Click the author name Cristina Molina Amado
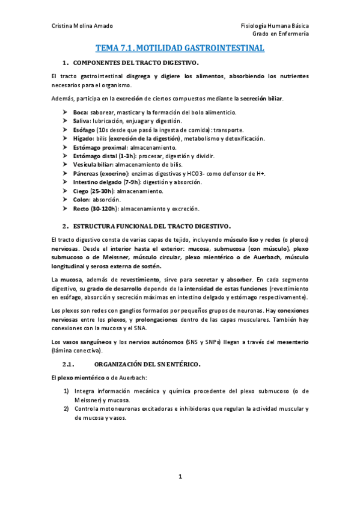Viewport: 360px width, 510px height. click(x=81, y=26)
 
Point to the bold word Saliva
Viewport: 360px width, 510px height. click(x=82, y=121)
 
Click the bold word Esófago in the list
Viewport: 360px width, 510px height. click(x=85, y=129)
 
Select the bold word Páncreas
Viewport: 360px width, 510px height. click(x=87, y=173)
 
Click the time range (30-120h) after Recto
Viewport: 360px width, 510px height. click(x=105, y=208)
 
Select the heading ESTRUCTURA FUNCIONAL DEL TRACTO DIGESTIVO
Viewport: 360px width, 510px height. click(x=151, y=226)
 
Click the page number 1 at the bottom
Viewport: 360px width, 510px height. click(x=180, y=477)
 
